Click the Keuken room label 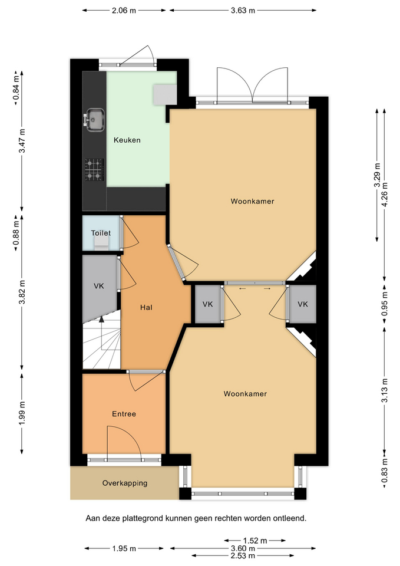click(127, 140)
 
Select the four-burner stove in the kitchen click(94, 170)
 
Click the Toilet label click(101, 233)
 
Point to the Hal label click(146, 308)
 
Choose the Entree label click(124, 414)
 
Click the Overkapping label click(125, 483)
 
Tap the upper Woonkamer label click(253, 202)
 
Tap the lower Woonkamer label click(245, 394)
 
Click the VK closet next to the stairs click(99, 287)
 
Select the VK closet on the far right click(303, 304)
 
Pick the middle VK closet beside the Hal click(208, 304)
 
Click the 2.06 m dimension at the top click(124, 11)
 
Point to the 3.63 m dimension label click(243, 11)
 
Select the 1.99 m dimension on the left click(22, 413)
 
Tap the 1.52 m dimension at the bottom click(254, 541)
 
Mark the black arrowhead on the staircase click(102, 319)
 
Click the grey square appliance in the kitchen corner click(165, 94)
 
